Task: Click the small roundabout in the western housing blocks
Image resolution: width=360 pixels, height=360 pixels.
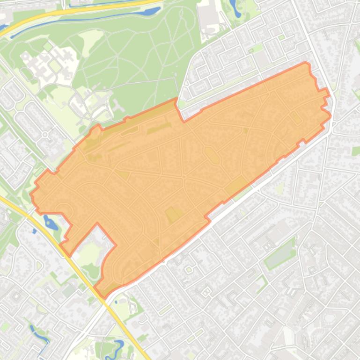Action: [45, 135]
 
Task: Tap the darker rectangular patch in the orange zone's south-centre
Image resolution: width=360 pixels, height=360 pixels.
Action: [173, 214]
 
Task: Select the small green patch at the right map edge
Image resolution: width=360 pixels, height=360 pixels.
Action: [356, 151]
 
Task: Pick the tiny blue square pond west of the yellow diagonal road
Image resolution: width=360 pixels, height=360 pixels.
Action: [34, 230]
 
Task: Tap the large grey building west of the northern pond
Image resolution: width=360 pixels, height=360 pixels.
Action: [208, 16]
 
